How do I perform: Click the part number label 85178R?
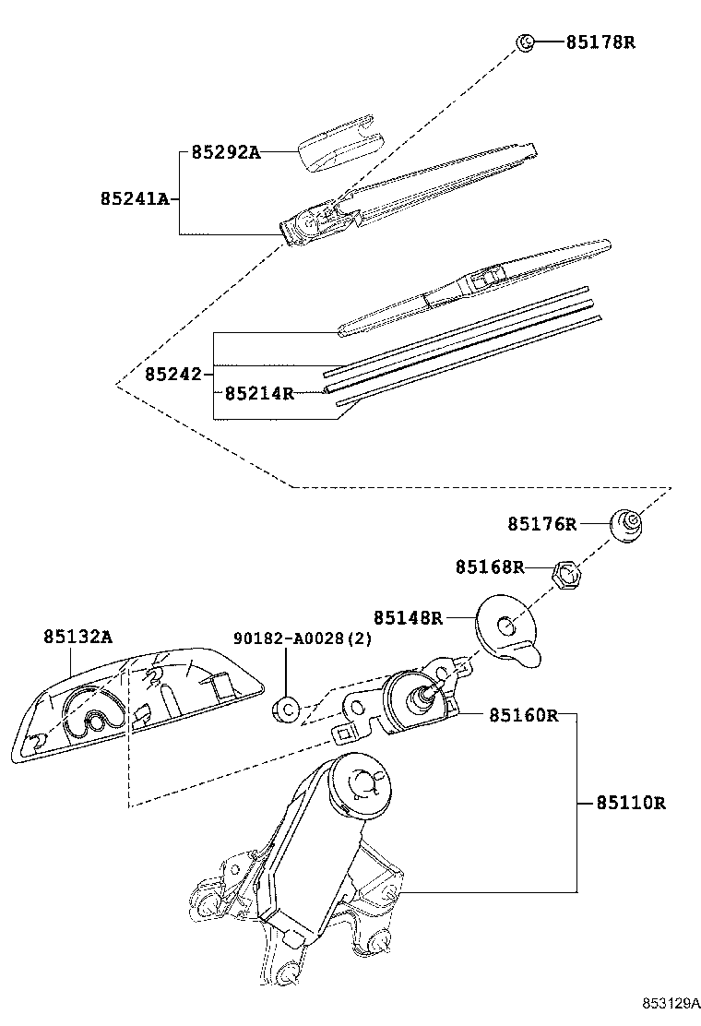pyautogui.click(x=600, y=42)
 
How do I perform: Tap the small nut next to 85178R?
pyautogui.click(x=524, y=42)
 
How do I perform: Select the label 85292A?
pyautogui.click(x=226, y=152)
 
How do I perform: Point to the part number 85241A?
pyautogui.click(x=135, y=198)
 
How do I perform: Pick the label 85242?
pyautogui.click(x=173, y=375)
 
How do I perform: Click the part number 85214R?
pyautogui.click(x=259, y=393)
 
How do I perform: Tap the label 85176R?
pyautogui.click(x=541, y=524)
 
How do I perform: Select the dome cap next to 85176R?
pyautogui.click(x=627, y=524)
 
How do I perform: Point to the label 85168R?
pyautogui.click(x=489, y=567)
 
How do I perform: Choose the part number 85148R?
pyautogui.click(x=408, y=617)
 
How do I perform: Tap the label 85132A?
pyautogui.click(x=77, y=637)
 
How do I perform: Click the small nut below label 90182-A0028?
pyautogui.click(x=285, y=710)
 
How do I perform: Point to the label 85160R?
pyautogui.click(x=524, y=715)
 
